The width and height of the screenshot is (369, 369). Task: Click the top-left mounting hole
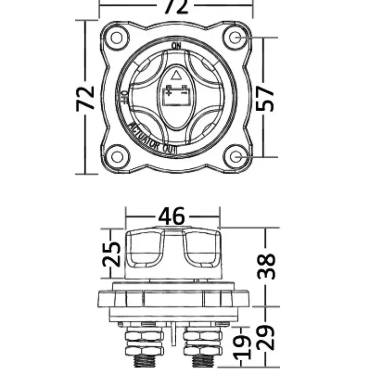pyautogui.click(x=117, y=38)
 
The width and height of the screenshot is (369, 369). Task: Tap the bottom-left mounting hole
pyautogui.click(x=117, y=157)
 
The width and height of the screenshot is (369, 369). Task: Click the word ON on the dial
pyautogui.click(x=176, y=46)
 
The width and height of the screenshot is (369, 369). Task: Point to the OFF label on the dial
pyautogui.click(x=125, y=97)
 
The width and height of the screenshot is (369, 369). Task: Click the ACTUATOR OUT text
pyautogui.click(x=152, y=139)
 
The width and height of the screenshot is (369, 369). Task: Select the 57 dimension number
pyautogui.click(x=265, y=98)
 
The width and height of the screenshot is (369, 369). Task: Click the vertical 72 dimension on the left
pyautogui.click(x=85, y=98)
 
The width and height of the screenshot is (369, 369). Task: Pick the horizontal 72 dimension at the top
pyautogui.click(x=176, y=6)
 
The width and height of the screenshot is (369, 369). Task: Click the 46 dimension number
pyautogui.click(x=172, y=216)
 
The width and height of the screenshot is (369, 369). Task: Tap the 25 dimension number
pyautogui.click(x=111, y=254)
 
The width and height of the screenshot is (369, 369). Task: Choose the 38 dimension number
pyautogui.click(x=266, y=266)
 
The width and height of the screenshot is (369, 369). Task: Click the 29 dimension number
pyautogui.click(x=266, y=337)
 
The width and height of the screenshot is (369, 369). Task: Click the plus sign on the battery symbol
pyautogui.click(x=168, y=93)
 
